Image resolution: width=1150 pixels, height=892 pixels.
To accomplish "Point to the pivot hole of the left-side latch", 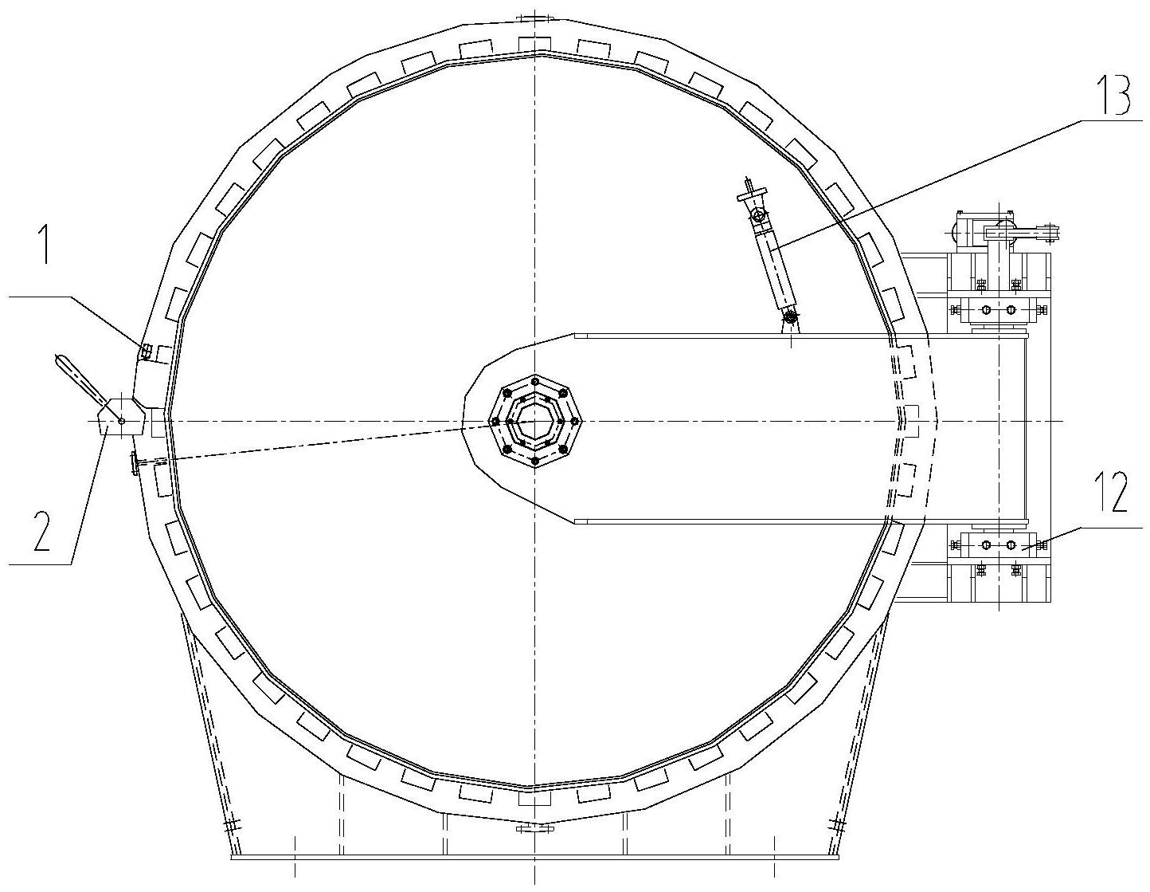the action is [x=122, y=421].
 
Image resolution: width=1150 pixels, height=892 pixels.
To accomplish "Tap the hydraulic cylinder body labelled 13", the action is [x=775, y=269].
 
